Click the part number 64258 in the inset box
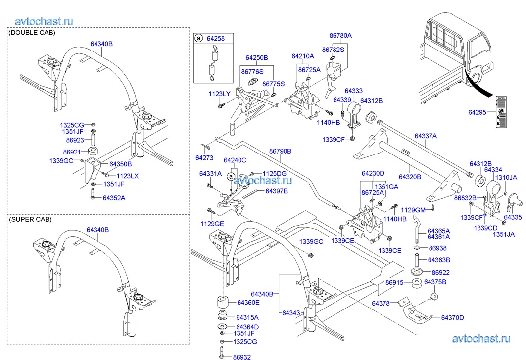coord(216,38)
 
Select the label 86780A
coord(340,36)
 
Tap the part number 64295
coord(479,112)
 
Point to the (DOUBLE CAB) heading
coord(32,33)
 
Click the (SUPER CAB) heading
coord(30,219)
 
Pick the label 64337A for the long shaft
coord(426,136)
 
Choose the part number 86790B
coord(280,151)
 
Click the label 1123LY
coord(219,94)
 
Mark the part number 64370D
coord(452,317)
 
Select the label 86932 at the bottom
coord(242,357)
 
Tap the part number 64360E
coord(248,302)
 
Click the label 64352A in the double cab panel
coord(114,198)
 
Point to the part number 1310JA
coord(506,177)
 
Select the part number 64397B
coord(276,191)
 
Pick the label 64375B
coord(436,282)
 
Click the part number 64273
coord(204,158)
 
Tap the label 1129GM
coord(413,210)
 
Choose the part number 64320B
coord(410,176)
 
